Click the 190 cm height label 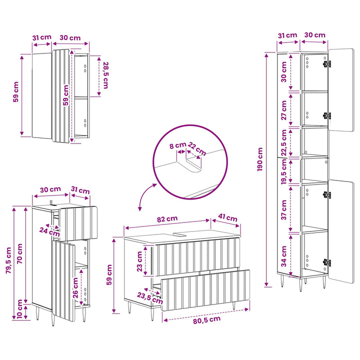259,159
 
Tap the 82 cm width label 167,219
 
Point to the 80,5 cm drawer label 206,320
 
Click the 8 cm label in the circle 177,145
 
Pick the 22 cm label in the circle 197,149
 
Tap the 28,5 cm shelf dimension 105,75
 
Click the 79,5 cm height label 8,260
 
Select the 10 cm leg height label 19,309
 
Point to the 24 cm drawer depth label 49,231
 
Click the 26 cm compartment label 75,288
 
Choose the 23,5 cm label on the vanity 150,298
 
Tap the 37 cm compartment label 284,209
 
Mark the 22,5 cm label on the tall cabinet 284,143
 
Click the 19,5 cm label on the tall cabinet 284,171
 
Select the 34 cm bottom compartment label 284,256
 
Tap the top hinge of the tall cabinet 327,63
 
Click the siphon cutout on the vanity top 180,234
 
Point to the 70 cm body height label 19,253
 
